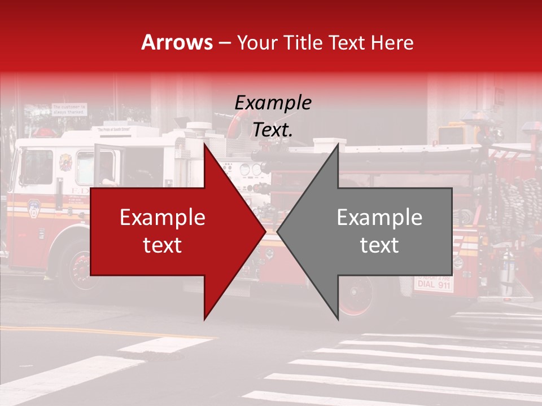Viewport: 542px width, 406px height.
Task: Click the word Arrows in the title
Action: click(177, 42)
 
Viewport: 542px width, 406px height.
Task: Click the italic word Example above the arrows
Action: click(273, 103)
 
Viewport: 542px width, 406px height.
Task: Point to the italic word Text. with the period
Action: click(273, 130)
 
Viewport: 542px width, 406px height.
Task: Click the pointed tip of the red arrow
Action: click(265, 232)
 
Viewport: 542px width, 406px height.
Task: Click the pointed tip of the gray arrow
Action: click(278, 232)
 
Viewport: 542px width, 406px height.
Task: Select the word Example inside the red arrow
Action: click(163, 218)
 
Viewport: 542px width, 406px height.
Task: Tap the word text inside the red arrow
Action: click(163, 245)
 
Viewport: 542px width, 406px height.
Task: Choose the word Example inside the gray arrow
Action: click(379, 218)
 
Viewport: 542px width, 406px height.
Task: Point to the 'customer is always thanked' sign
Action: click(69, 108)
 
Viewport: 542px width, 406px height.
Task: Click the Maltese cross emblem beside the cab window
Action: click(65, 162)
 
